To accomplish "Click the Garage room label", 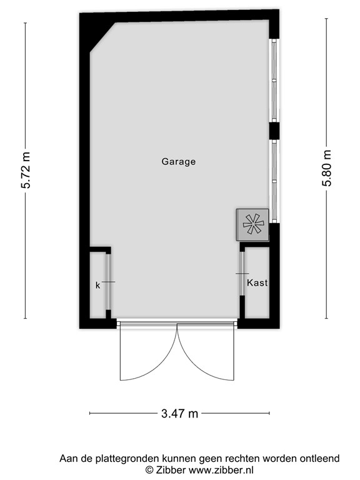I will coord(179,161).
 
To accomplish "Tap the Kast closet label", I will coord(257,282).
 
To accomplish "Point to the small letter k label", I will coord(97,285).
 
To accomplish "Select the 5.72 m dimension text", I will coord(26,170).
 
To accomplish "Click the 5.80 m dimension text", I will coord(326,170).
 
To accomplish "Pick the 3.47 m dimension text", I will coord(179,413).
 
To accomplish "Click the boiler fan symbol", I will coord(253,224).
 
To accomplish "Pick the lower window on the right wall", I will coord(273,180).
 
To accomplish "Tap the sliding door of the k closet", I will coord(109,282).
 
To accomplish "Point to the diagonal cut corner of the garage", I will coord(101,36).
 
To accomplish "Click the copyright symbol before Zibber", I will coord(149,469).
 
